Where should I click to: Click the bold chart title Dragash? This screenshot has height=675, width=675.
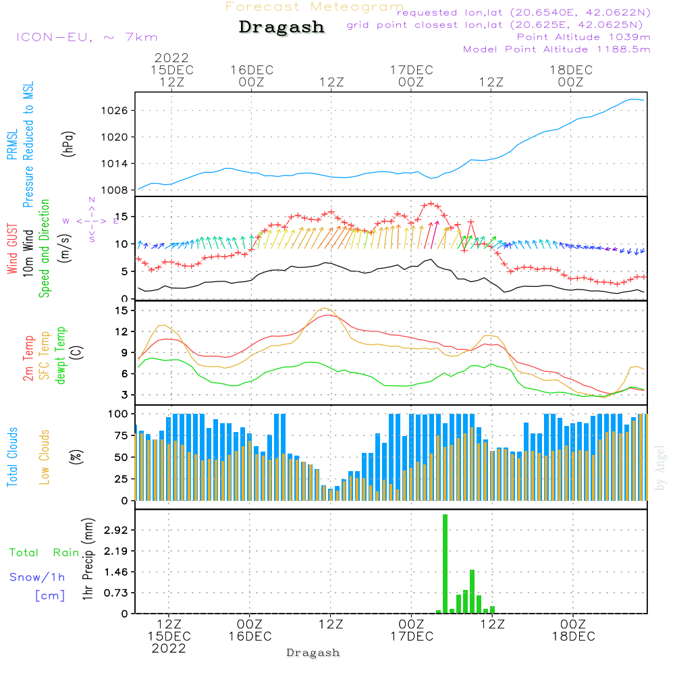[x=281, y=28]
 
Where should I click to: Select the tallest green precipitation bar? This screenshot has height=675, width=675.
[x=446, y=564]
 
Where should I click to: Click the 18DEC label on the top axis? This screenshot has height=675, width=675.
[x=570, y=70]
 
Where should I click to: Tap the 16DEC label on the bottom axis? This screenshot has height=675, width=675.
[x=250, y=637]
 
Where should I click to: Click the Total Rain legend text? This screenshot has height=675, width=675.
[x=44, y=553]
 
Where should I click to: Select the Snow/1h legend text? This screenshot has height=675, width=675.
[x=37, y=577]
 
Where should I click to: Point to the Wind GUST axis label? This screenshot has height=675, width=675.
[x=13, y=250]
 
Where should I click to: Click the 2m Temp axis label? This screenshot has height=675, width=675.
[x=28, y=358]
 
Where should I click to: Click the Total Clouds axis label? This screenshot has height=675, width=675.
[x=13, y=457]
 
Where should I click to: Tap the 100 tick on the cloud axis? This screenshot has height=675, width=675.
[x=119, y=413]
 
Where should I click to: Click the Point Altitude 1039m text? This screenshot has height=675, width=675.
[x=583, y=37]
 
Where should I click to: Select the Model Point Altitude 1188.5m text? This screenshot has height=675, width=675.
[x=556, y=49]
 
